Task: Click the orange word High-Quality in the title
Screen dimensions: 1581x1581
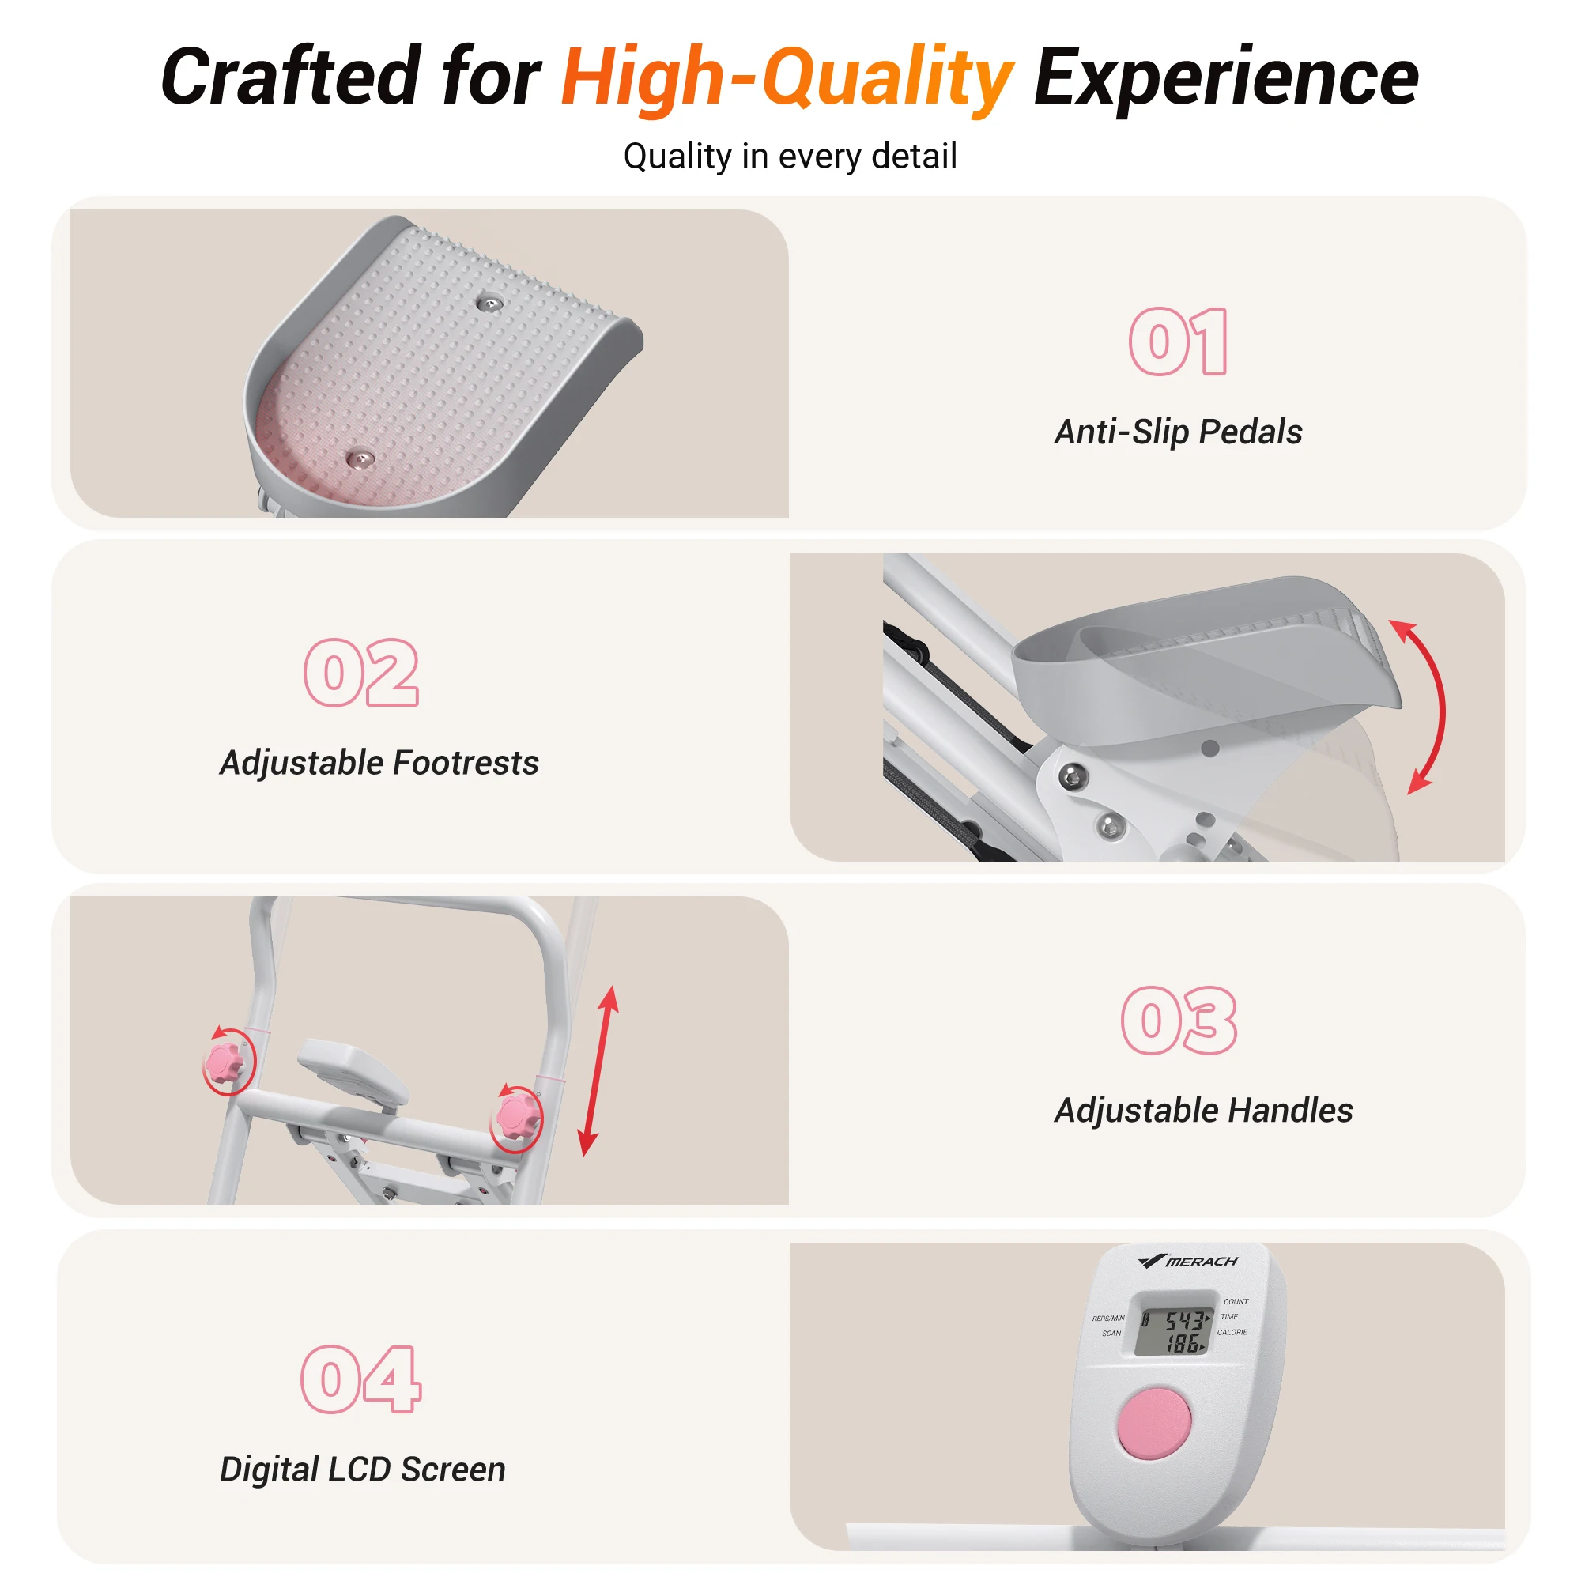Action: click(x=787, y=78)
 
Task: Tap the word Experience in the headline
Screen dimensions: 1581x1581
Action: click(x=1226, y=78)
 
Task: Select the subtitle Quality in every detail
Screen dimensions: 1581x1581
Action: click(x=790, y=157)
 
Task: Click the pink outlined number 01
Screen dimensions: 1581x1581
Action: click(x=1179, y=341)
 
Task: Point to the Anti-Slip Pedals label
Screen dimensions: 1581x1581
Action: click(x=1179, y=432)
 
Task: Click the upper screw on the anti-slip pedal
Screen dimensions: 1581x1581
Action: click(x=489, y=304)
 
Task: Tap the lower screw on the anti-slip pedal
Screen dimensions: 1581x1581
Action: click(x=360, y=460)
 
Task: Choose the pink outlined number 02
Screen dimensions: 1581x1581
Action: click(x=361, y=673)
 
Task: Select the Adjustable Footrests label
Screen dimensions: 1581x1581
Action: click(x=379, y=763)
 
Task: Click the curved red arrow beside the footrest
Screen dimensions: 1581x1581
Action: click(x=1442, y=707)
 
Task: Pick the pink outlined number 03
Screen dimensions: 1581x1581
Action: click(x=1179, y=1021)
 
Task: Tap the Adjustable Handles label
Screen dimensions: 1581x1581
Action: click(x=1203, y=1111)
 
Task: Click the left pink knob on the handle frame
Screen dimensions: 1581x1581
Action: click(x=225, y=1062)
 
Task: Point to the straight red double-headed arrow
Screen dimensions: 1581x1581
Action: click(x=598, y=1071)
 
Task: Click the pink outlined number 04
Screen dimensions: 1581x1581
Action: click(x=361, y=1379)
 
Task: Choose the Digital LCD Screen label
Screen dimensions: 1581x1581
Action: click(x=363, y=1470)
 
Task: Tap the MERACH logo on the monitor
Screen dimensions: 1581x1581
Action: click(x=1187, y=1261)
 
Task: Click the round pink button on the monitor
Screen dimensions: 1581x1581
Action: click(x=1154, y=1423)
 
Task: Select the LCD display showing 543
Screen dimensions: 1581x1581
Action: click(x=1173, y=1323)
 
